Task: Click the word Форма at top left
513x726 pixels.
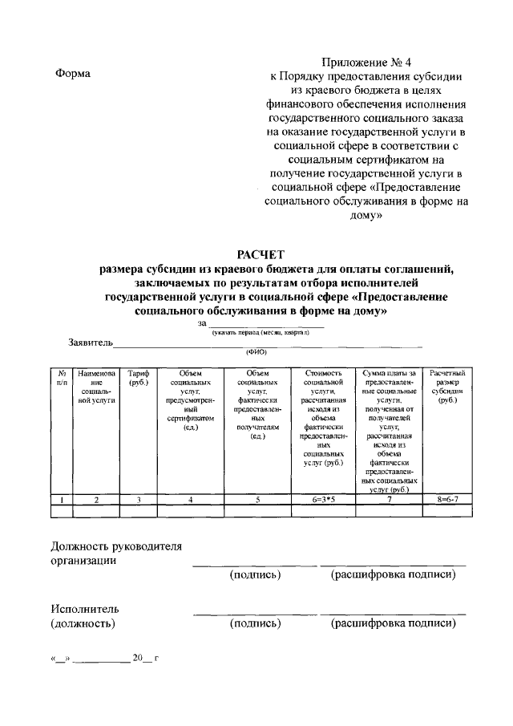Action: (x=72, y=74)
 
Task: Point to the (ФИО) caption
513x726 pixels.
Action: (x=256, y=352)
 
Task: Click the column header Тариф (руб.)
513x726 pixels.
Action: (x=139, y=378)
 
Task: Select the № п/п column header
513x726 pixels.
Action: (x=61, y=378)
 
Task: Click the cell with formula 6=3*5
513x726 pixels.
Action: (x=324, y=500)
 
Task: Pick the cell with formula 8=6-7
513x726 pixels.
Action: (x=447, y=500)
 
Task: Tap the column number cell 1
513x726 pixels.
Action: (x=61, y=500)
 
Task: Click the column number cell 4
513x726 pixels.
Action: (x=190, y=500)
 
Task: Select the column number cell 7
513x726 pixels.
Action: (x=389, y=500)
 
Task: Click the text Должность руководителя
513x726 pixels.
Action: (x=115, y=547)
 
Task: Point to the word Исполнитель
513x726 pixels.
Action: (x=85, y=609)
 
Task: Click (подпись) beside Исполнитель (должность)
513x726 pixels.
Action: (x=255, y=623)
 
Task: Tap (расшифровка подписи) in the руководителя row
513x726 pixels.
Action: (x=393, y=575)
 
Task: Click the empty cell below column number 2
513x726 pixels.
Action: (x=95, y=510)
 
